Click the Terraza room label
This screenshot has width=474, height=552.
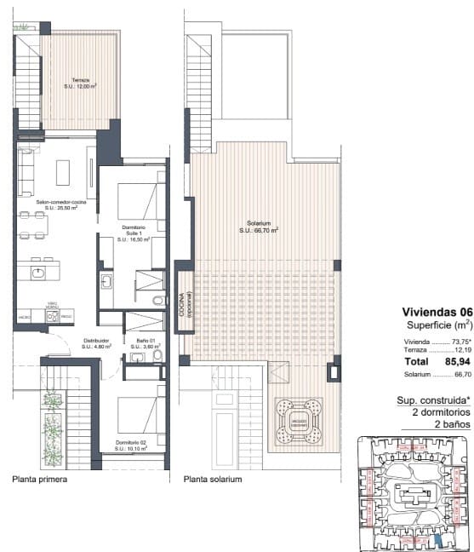[x=82, y=83]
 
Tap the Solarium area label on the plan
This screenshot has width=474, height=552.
[x=260, y=227]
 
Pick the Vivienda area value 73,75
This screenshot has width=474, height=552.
[x=455, y=341]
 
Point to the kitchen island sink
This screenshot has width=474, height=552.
[x=39, y=273]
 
